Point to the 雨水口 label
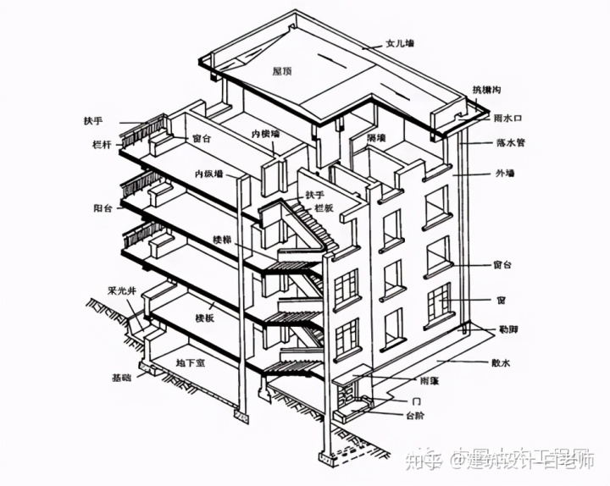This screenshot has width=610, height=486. [x=507, y=119]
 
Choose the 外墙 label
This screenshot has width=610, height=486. [x=505, y=174]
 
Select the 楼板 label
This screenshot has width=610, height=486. [x=203, y=318]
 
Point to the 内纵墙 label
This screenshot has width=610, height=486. [x=208, y=174]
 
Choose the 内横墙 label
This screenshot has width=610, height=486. [x=266, y=135]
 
